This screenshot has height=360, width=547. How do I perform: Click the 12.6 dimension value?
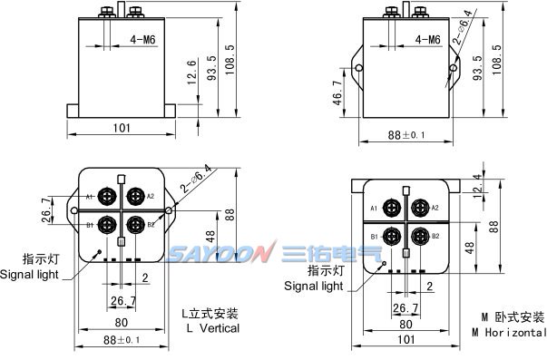pyautogui.click(x=192, y=73)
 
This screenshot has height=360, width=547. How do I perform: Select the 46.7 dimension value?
pyautogui.click(x=337, y=92)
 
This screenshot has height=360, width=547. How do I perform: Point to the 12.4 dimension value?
pyautogui.click(x=478, y=186)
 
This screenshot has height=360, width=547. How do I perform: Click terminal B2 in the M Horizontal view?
pyautogui.click(x=420, y=237)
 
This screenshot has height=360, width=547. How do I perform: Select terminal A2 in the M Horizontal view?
pyautogui.click(x=420, y=208)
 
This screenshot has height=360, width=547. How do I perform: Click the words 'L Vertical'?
pyautogui.click(x=213, y=328)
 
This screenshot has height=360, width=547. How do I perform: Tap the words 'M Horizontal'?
pyautogui.click(x=509, y=333)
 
